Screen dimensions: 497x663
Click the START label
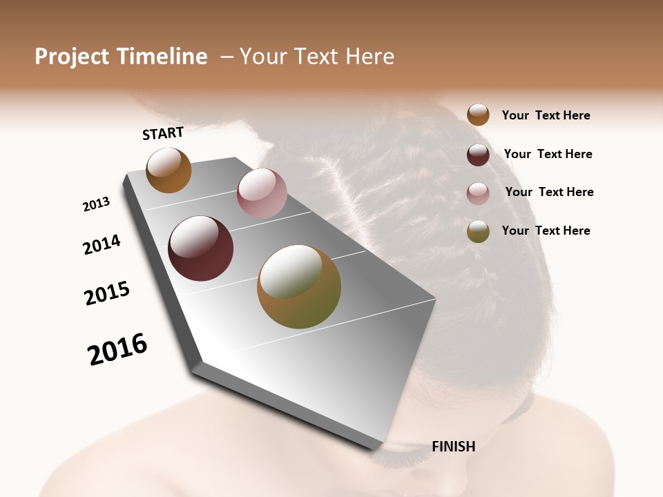(163, 133)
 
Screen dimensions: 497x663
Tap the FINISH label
(453, 447)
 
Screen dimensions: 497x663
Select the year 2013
(97, 204)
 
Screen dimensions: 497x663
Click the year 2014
(102, 244)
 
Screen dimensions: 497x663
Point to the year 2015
(107, 293)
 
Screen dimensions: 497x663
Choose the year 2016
(117, 349)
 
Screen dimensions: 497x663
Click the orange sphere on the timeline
(169, 170)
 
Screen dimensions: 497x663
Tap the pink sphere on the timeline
(262, 193)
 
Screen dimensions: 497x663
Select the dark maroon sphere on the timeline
(201, 248)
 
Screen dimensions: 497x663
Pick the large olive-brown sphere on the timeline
(299, 286)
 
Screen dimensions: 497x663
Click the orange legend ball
(478, 115)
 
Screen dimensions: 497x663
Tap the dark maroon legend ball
(478, 155)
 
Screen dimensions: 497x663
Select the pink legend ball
(478, 193)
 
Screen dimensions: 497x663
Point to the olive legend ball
(478, 231)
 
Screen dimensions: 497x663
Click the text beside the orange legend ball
(546, 115)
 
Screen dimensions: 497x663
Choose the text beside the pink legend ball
(549, 192)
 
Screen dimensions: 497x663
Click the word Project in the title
(72, 57)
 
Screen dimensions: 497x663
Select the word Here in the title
(369, 57)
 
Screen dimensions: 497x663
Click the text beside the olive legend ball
(546, 231)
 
